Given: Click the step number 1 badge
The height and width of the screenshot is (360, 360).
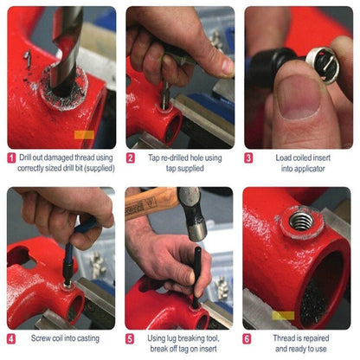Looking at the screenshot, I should tap(11, 158).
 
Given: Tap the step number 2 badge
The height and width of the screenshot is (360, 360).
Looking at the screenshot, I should tap(130, 158).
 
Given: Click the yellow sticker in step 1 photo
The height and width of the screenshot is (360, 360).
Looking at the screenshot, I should tap(84, 134).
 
